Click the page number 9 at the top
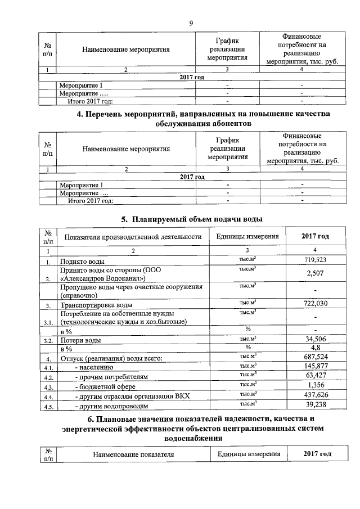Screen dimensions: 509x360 (191, 23)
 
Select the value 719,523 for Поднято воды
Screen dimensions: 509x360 (315, 260)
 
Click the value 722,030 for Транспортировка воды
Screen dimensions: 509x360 (315, 304)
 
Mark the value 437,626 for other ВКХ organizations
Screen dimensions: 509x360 (315, 395)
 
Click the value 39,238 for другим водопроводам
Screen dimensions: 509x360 (315, 405)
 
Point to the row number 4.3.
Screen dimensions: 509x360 (48, 387)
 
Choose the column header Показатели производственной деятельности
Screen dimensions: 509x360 (133, 237)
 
